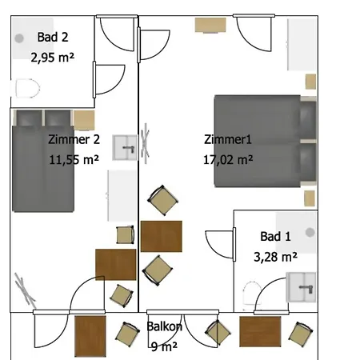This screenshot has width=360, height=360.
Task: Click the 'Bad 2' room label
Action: click(53, 37)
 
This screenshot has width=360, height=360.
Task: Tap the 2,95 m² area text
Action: click(52, 58)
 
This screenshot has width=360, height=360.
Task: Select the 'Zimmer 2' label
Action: click(74, 139)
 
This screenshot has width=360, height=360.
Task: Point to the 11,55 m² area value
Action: click(74, 160)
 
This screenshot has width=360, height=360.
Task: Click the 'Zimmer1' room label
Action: click(228, 139)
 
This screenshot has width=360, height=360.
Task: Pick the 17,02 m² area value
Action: click(228, 160)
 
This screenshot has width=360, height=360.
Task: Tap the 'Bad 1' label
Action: click(275, 237)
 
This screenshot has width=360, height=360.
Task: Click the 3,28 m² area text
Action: click(275, 257)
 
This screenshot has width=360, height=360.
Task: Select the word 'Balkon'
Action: click(164, 326)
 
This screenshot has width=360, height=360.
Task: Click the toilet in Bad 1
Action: click(252, 294)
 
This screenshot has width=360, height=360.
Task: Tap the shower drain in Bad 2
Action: click(19, 38)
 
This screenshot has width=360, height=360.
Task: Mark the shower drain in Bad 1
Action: click(310, 232)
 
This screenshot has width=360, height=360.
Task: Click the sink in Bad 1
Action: click(301, 287)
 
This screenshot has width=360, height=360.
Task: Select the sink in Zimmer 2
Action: click(125, 148)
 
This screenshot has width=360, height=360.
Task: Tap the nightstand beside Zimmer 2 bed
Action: click(84, 120)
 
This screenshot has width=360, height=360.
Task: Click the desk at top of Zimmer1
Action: click(210, 25)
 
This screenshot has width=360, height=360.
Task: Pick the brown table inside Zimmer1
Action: click(162, 236)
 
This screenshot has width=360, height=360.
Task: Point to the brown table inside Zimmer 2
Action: click(116, 265)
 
